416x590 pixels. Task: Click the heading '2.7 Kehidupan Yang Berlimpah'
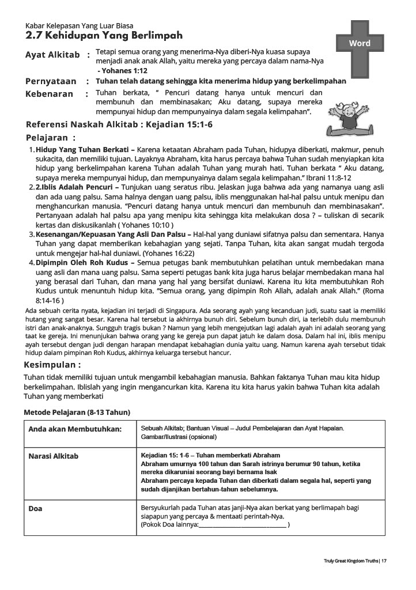point(104,35)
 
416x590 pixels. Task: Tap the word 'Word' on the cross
point(360,43)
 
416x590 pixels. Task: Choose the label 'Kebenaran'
point(50,94)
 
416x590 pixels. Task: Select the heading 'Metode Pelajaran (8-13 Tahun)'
point(77,413)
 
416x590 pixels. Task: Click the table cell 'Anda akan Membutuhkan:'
point(75,429)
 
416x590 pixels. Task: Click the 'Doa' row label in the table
point(36,509)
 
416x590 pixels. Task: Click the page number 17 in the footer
point(384,560)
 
